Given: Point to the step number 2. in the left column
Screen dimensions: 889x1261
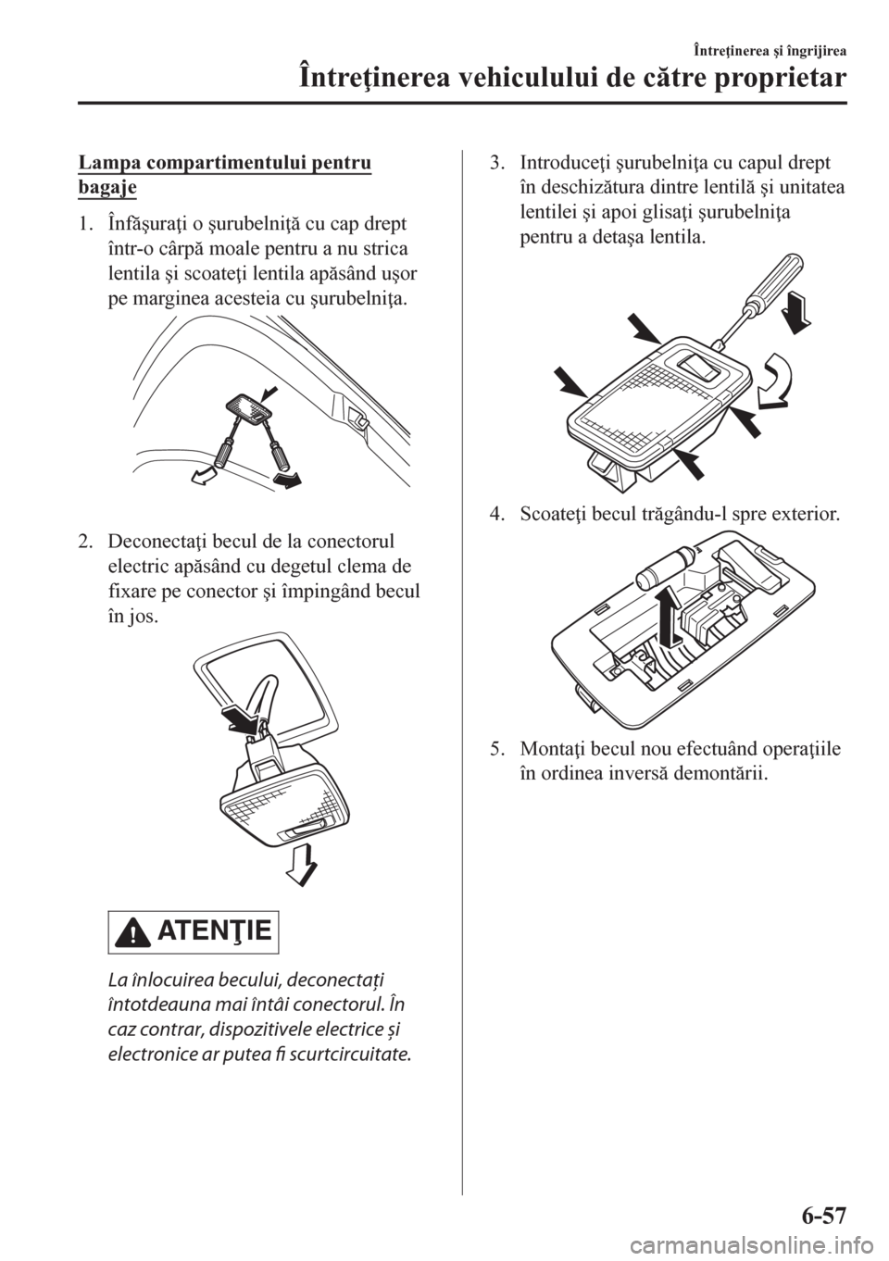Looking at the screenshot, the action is point(86,542).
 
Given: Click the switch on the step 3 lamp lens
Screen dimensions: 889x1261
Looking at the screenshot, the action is point(699,368).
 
